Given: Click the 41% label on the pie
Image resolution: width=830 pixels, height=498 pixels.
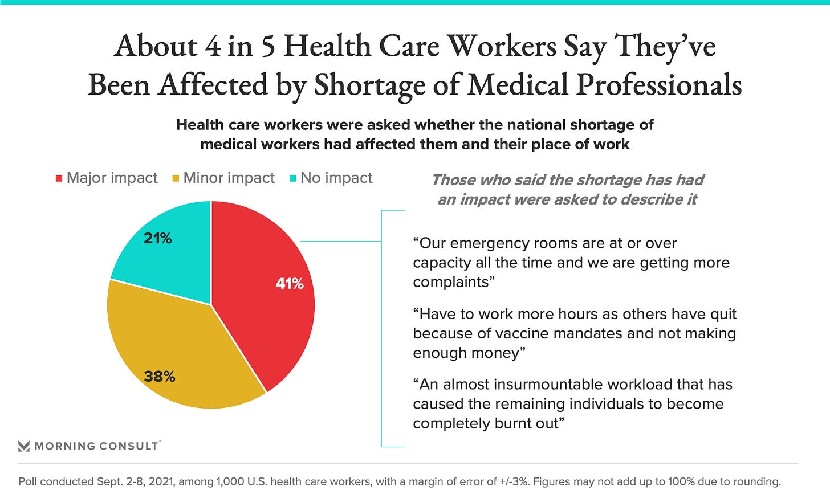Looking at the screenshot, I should (290, 284).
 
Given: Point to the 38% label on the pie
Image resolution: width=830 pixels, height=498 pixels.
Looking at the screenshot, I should (160, 377).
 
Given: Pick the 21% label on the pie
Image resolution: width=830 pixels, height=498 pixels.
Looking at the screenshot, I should (158, 238).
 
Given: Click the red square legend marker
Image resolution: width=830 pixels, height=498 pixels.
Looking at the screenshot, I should (59, 178).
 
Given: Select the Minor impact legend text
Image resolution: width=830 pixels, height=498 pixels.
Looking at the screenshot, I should (229, 178).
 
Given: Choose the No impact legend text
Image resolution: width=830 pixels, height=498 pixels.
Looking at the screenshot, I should (336, 178).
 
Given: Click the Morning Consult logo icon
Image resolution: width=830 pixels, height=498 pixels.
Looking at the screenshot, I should (24, 446).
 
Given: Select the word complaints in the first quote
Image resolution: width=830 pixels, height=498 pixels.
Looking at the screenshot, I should (451, 282).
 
